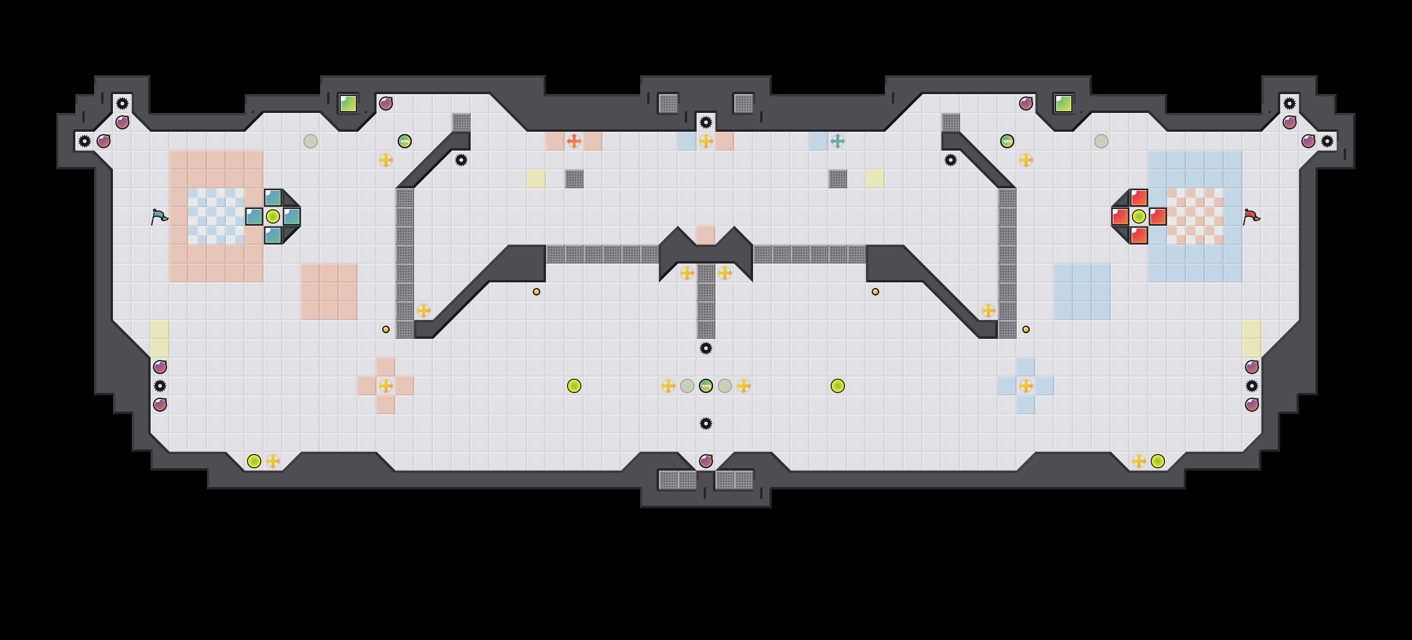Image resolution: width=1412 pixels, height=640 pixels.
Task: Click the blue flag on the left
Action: click(x=159, y=217)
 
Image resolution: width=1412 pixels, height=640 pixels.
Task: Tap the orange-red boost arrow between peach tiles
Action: click(x=574, y=141)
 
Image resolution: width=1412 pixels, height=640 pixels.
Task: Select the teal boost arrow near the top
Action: click(x=838, y=141)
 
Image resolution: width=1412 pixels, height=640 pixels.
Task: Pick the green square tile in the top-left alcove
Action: click(x=348, y=104)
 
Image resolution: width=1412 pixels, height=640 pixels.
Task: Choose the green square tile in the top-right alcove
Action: click(x=1063, y=104)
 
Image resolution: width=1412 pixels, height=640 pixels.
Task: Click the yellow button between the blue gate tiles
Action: click(x=273, y=216)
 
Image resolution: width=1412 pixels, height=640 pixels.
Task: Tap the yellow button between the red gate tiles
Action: click(x=1139, y=216)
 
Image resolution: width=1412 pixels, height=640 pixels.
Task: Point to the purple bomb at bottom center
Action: click(x=706, y=461)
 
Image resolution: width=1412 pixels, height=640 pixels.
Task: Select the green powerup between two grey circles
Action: click(x=706, y=386)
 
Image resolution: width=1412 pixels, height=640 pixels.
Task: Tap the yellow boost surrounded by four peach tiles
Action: click(x=386, y=386)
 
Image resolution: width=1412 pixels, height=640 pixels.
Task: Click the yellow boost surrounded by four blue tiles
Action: click(x=1026, y=386)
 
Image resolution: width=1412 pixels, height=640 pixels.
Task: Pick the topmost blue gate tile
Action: click(x=273, y=198)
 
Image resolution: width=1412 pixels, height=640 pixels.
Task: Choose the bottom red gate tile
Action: click(x=1139, y=235)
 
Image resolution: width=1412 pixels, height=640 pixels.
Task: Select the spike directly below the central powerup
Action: click(x=706, y=424)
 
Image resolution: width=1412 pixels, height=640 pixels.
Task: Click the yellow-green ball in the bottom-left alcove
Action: click(x=254, y=461)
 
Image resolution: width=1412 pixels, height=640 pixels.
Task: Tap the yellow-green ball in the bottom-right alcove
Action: click(x=1158, y=461)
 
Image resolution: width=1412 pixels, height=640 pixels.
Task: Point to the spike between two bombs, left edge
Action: click(x=160, y=386)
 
